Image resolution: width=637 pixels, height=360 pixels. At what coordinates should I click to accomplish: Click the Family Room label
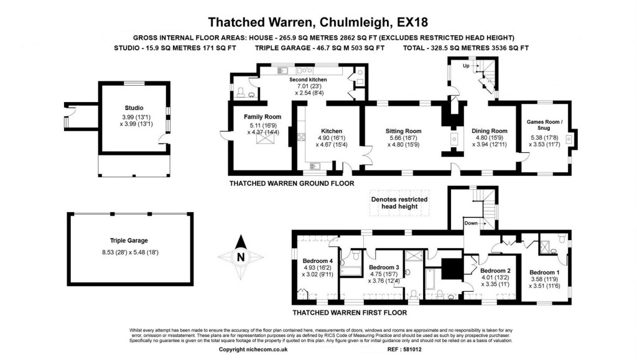263,117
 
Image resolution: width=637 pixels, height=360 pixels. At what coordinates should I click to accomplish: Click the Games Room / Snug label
544,126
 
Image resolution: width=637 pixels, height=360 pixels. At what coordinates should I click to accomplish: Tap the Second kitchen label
307,80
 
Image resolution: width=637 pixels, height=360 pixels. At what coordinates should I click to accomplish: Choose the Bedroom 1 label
544,272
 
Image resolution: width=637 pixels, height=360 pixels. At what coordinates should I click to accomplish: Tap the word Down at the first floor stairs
471,223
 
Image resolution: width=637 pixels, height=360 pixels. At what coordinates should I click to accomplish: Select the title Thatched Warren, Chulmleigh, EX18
318,22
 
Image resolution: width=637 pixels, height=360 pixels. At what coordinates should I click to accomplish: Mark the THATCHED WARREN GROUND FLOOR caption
291,183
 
